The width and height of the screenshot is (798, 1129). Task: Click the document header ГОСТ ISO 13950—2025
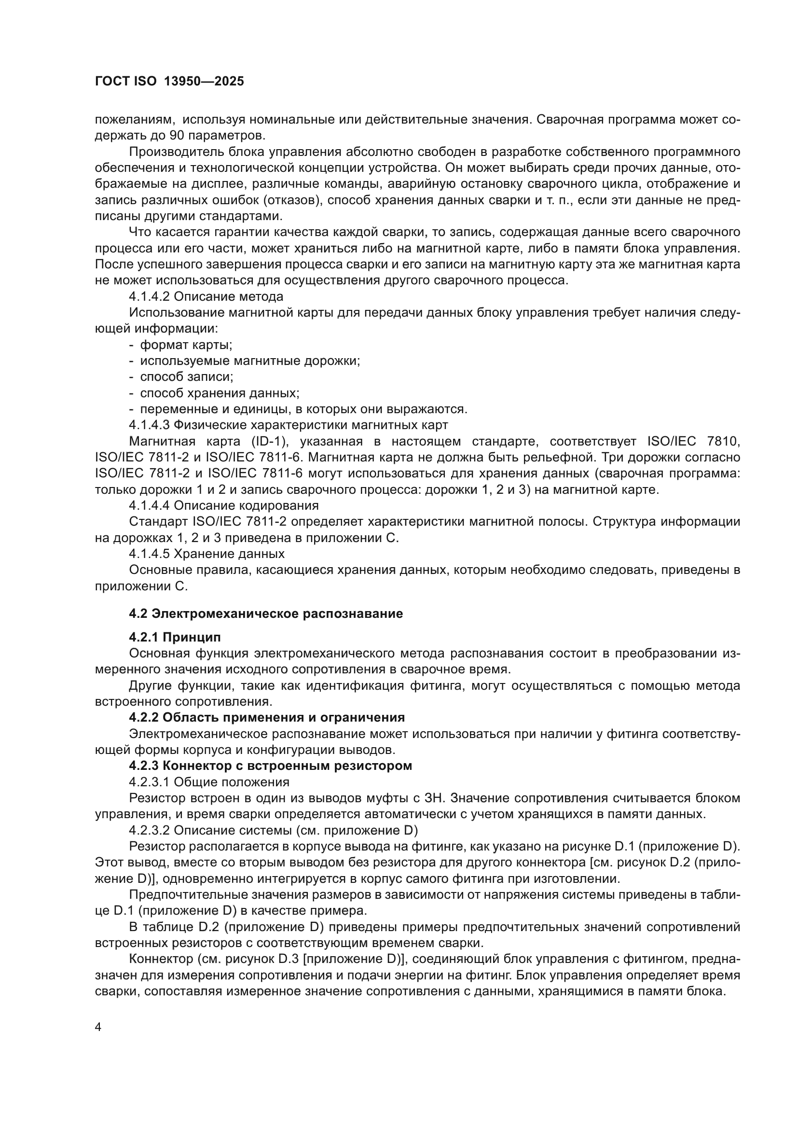point(169,82)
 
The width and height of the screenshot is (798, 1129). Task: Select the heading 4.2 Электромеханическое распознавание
point(266,613)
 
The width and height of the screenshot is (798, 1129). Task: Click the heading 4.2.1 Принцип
point(175,637)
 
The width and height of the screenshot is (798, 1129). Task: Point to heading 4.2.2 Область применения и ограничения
point(267,717)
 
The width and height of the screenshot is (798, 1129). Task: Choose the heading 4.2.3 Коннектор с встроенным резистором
point(270,766)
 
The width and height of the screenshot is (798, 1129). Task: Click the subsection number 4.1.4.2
point(150,296)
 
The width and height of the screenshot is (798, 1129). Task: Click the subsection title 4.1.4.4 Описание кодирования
point(223,505)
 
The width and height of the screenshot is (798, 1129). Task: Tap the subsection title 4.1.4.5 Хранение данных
point(207,554)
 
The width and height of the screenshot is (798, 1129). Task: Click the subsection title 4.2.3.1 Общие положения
point(209,782)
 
